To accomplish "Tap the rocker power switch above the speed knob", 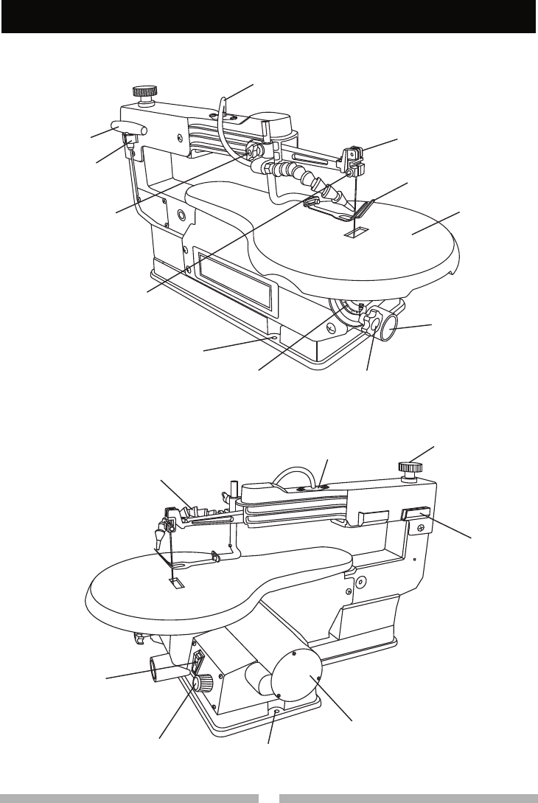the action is tap(198, 663).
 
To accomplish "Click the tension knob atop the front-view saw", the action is tap(142, 92).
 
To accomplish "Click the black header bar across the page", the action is tap(269, 16).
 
